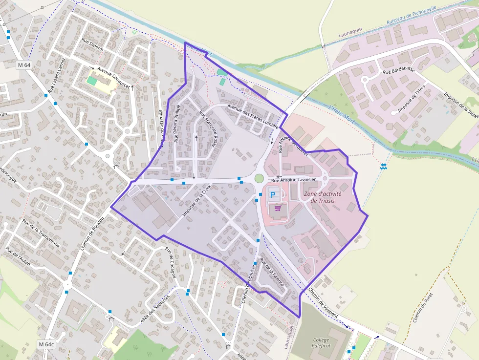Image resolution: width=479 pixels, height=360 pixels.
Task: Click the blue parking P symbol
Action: tap(273, 194)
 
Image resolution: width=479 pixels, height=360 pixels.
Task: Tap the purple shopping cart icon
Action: tap(278, 208)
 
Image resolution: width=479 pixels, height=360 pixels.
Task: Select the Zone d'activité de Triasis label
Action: tap(323, 197)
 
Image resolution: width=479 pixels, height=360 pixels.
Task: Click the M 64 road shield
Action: tap(23, 65)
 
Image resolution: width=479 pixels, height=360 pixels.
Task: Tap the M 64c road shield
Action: tap(47, 344)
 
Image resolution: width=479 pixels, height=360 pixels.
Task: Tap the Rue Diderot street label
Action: tap(92, 45)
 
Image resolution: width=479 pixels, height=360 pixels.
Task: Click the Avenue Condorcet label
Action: tap(113, 77)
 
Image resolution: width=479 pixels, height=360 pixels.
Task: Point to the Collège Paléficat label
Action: tap(321, 343)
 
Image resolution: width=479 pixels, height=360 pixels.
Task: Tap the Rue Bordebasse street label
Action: tap(399, 70)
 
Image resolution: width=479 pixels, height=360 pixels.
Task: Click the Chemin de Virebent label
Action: tap(323, 302)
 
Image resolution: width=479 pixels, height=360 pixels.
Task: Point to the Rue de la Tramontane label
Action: tap(41, 233)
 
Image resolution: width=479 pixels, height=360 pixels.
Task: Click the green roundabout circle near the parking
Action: tap(259, 179)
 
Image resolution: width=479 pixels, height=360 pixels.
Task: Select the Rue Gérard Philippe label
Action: tap(177, 123)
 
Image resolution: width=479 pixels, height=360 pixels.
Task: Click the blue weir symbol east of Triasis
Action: tap(384, 167)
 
